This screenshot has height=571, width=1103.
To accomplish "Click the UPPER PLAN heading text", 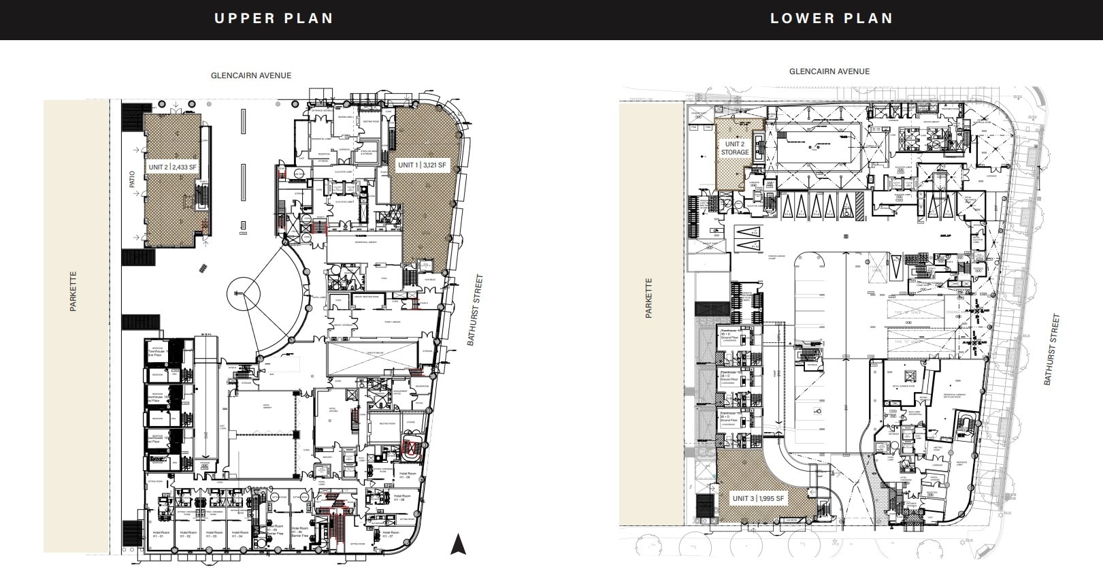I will tap(274, 18).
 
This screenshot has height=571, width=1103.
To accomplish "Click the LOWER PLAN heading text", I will tap(831, 18).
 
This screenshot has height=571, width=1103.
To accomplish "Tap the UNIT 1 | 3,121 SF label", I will tap(422, 165).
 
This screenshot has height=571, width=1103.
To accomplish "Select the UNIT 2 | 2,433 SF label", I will tap(172, 167).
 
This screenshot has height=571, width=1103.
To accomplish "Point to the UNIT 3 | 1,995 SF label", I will tap(758, 499).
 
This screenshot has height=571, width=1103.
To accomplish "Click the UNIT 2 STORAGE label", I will tap(734, 148).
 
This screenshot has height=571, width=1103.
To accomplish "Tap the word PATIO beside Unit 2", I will tap(133, 179).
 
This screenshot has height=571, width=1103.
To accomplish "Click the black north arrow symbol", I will tap(458, 544).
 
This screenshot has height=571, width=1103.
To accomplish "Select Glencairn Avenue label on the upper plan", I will tap(251, 76).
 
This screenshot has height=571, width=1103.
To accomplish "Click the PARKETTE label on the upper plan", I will tap(73, 291).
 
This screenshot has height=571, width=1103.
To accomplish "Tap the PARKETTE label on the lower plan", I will tap(648, 298).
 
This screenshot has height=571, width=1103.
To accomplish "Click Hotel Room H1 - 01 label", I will tap(161, 534).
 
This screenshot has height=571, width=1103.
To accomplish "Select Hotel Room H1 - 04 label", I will tap(239, 534).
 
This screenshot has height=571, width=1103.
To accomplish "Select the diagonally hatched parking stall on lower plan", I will tap(859, 205).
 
